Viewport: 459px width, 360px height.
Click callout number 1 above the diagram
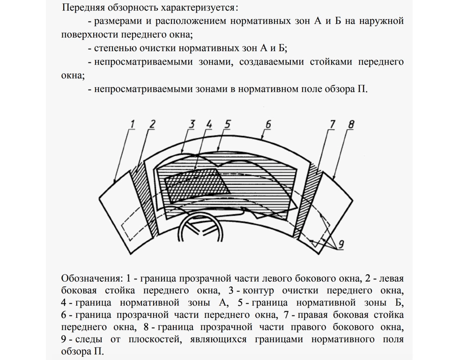(132, 124)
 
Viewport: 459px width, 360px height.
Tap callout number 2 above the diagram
(152, 124)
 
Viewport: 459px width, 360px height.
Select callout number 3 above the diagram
(192, 124)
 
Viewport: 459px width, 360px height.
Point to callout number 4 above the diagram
(209, 124)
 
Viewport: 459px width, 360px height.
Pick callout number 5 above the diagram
(228, 124)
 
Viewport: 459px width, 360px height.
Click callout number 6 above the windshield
(268, 124)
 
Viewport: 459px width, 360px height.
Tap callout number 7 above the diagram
(332, 124)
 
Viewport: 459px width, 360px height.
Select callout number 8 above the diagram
(351, 124)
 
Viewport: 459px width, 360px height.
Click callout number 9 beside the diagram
(341, 244)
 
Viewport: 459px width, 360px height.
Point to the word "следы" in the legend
(89, 339)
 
